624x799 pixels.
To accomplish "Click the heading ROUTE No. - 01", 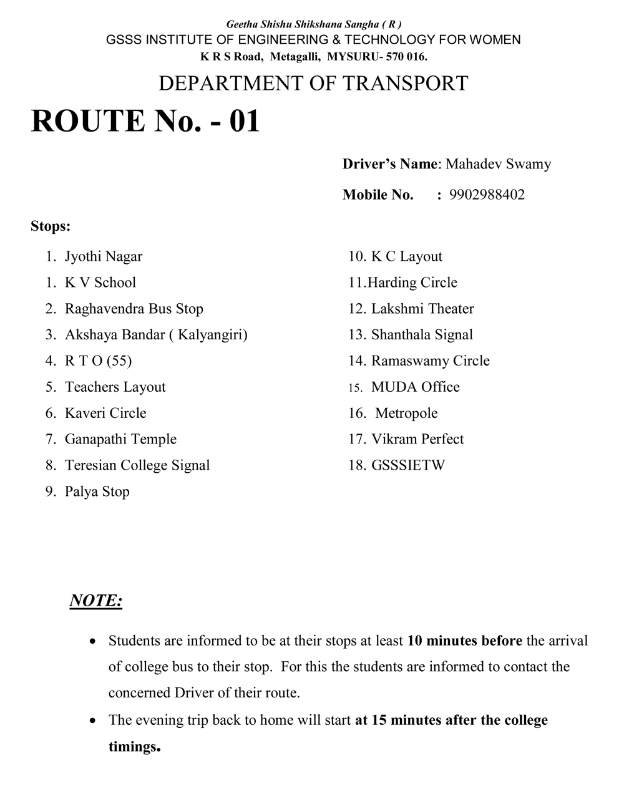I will (x=145, y=120).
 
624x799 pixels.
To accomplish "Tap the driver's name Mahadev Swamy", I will (x=498, y=165).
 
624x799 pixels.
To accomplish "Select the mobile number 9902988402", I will (x=487, y=195).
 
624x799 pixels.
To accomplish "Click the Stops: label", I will (x=51, y=226).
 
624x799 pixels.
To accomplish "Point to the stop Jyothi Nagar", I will (x=104, y=257).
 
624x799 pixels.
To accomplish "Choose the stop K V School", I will (x=100, y=283).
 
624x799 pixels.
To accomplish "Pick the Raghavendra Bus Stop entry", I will (x=134, y=309).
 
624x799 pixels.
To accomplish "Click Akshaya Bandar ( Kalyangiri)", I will (x=156, y=335).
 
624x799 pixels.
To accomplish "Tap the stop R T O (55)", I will (x=98, y=361).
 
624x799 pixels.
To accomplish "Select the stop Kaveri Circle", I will (x=105, y=414).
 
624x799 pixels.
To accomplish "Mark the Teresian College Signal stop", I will (x=137, y=465).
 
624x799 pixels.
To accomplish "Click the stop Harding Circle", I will (x=412, y=283).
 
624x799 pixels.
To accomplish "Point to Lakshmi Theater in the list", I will (x=422, y=309).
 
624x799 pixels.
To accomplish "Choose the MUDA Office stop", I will (x=415, y=387).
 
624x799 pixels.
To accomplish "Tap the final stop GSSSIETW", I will (x=408, y=465).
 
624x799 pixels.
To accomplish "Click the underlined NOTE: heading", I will (x=95, y=601).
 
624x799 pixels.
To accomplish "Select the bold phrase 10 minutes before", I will (x=465, y=641).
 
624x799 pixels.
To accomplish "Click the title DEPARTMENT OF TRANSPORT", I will (x=313, y=84).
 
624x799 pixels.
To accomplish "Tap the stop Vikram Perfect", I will (x=417, y=439).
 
